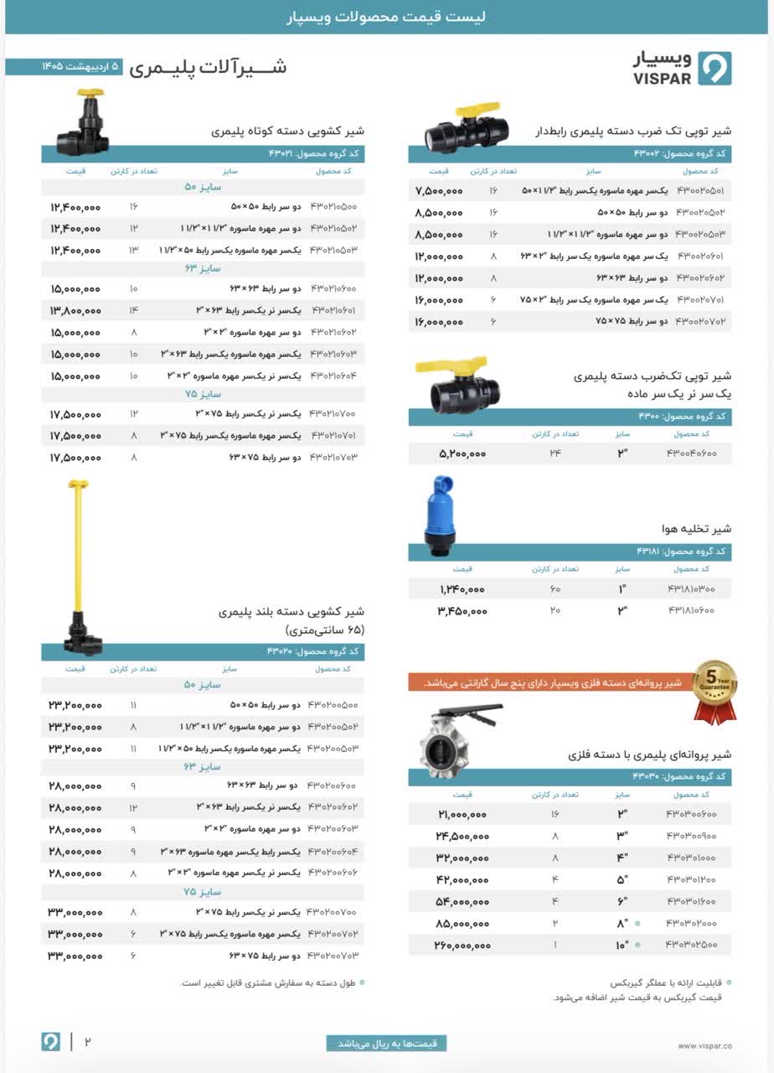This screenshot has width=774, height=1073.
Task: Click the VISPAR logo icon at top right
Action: [x=715, y=69]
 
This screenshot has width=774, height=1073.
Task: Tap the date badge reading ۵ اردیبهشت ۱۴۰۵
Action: [x=70, y=66]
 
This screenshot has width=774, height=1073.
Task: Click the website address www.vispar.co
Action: [x=704, y=1045]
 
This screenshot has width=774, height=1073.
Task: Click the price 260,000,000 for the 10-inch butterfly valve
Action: [x=452, y=946]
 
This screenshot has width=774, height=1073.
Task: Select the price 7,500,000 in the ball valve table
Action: [x=439, y=191]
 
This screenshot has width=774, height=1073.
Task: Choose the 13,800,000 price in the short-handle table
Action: [x=75, y=310]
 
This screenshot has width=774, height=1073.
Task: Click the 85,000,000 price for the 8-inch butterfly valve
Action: [x=452, y=924]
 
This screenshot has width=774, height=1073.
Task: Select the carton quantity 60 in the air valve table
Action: [x=555, y=589]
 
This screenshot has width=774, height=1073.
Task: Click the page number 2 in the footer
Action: [x=86, y=1042]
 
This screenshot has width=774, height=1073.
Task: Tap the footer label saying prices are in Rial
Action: [x=386, y=1044]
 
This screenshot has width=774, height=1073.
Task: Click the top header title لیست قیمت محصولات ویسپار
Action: [x=387, y=17]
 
